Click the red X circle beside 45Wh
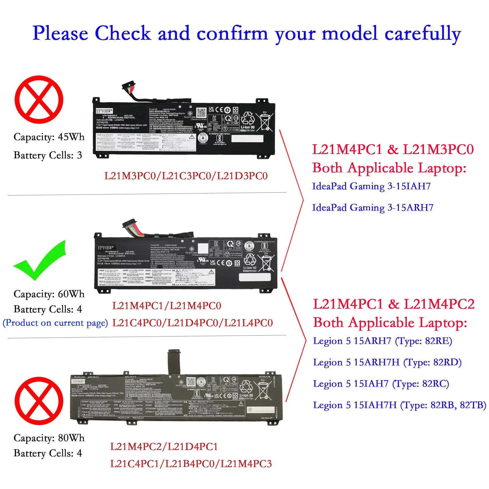tap(39, 100)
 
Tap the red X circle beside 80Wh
tap(39, 401)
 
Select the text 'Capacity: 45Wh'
tap(49, 137)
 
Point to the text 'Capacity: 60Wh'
tap(49, 294)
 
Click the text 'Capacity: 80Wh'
tap(49, 438)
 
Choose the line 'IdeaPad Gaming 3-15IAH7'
tap(371, 186)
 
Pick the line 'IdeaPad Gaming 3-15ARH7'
tap(373, 208)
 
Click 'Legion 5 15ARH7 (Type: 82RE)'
tap(382, 341)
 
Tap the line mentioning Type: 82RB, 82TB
tap(399, 405)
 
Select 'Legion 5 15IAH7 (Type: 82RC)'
tap(381, 384)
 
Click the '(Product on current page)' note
tap(55, 323)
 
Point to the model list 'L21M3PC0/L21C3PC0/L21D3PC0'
tap(186, 176)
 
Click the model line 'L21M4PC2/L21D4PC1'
tap(164, 447)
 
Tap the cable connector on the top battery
tap(129, 86)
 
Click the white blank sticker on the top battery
tap(247, 138)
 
